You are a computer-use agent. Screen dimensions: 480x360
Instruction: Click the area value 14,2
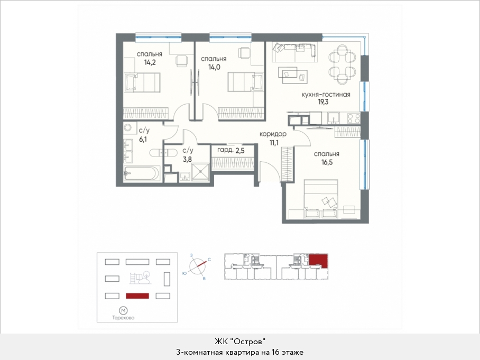pyautogui.click(x=150, y=63)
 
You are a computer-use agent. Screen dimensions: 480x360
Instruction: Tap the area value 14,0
pyautogui.click(x=214, y=67)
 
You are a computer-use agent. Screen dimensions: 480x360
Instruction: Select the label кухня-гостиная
pyautogui.click(x=326, y=94)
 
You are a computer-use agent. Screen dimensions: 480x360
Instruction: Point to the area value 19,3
pyautogui.click(x=324, y=102)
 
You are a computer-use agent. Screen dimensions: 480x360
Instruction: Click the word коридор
pyautogui.click(x=273, y=134)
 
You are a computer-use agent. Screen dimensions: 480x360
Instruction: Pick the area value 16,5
pyautogui.click(x=327, y=162)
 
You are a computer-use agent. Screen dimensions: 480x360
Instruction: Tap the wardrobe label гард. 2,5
pyautogui.click(x=231, y=150)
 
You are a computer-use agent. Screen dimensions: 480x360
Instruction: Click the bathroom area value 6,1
pyautogui.click(x=143, y=139)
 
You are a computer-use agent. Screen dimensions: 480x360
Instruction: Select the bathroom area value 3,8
pyautogui.click(x=187, y=159)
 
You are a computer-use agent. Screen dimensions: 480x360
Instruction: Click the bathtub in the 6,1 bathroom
pyautogui.click(x=142, y=173)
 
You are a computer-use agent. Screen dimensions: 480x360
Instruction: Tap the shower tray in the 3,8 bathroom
pyautogui.click(x=200, y=172)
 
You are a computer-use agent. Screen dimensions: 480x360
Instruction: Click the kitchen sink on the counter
pyautogui.click(x=333, y=117)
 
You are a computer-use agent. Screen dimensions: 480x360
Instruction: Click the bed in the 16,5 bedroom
pyautogui.click(x=321, y=199)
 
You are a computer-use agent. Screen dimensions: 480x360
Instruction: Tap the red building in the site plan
pyautogui.click(x=137, y=296)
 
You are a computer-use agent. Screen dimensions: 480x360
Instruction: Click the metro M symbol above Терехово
pyautogui.click(x=123, y=311)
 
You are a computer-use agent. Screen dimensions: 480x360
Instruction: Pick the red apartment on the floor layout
pyautogui.click(x=318, y=260)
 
